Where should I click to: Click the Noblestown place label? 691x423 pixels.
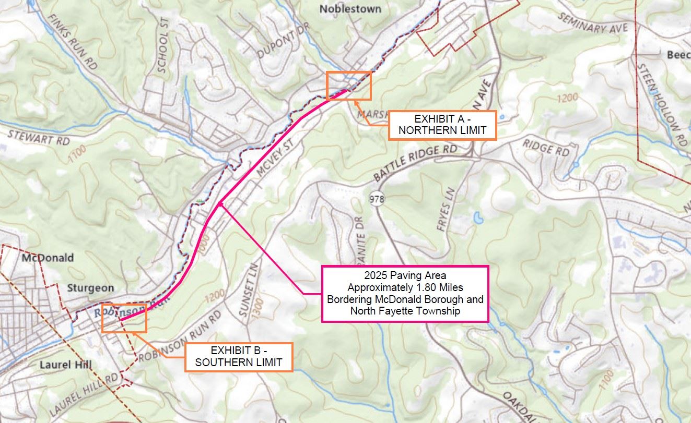click(350, 9)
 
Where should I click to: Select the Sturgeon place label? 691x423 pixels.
click(90, 288)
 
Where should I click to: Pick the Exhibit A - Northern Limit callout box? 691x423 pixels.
click(442, 125)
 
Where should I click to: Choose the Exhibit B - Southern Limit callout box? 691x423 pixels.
click(239, 357)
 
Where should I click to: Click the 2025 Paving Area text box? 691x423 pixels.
click(405, 293)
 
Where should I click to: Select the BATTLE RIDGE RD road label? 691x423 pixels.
click(415, 163)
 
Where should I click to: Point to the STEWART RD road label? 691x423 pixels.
click(39, 137)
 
